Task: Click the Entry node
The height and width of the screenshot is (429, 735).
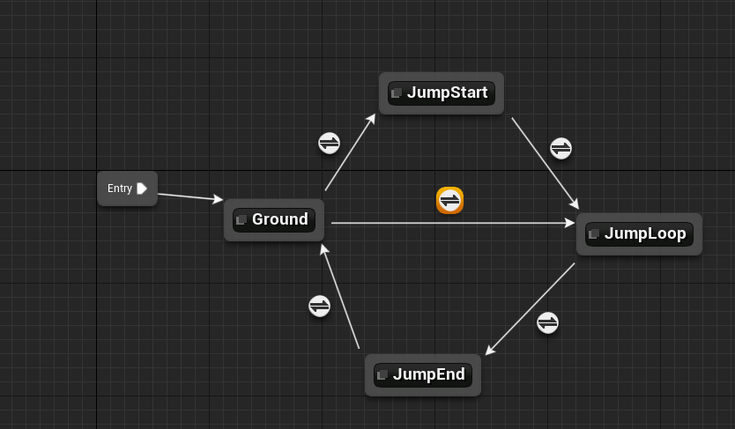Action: [x=121, y=189]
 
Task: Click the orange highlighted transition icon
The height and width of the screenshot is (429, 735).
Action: [x=449, y=201]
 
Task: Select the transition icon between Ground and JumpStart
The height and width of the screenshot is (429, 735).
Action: [x=329, y=143]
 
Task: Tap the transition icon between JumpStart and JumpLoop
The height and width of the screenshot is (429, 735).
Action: [x=561, y=148]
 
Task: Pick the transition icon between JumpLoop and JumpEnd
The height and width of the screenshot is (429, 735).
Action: [x=547, y=322]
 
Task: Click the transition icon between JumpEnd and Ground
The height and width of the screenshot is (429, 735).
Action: [x=319, y=306]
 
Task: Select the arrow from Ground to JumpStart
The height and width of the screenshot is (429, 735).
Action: [x=350, y=152]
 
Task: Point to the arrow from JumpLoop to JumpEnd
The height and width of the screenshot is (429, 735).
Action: [x=530, y=308]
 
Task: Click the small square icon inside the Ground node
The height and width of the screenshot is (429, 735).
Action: [x=241, y=220]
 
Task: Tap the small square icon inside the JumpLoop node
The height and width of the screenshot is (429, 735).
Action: [x=594, y=234]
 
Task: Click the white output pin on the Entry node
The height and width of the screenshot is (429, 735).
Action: [x=142, y=189]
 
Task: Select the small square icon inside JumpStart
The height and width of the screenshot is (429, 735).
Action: [x=397, y=93]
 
